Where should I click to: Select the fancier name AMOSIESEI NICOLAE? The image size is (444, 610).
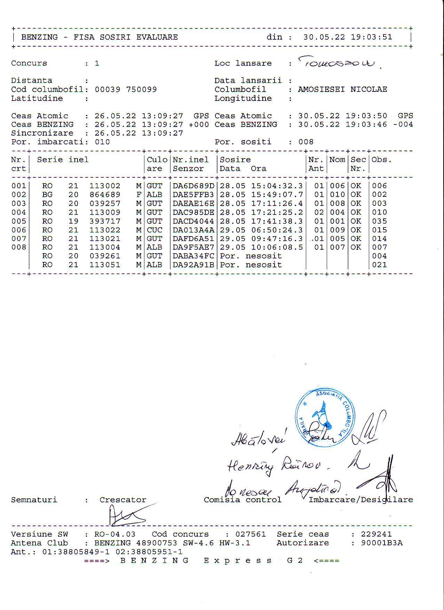[x=342, y=89]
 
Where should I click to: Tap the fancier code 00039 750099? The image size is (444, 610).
[x=126, y=89]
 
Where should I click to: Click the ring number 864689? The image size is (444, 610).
[x=105, y=195]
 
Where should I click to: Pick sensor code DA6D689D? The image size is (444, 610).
[x=193, y=186]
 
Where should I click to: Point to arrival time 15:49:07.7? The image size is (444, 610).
[x=277, y=195]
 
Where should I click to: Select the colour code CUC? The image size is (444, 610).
[x=154, y=230]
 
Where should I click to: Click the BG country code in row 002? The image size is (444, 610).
[x=47, y=195]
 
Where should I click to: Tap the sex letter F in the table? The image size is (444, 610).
[x=138, y=195]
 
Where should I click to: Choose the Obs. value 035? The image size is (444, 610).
[x=379, y=221]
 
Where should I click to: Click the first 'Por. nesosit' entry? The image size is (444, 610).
[x=251, y=256]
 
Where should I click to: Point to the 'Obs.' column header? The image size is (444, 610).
[x=381, y=160]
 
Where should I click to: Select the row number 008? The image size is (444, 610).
[x=19, y=247]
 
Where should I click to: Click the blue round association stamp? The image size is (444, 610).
[x=325, y=418]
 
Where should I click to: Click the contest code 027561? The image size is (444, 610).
[x=251, y=534]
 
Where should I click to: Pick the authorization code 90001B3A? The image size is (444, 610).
[x=381, y=543]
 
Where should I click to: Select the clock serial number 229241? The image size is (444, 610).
[x=376, y=534]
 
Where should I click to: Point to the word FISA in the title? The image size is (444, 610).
[x=84, y=37]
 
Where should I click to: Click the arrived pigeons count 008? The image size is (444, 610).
[x=306, y=142]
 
